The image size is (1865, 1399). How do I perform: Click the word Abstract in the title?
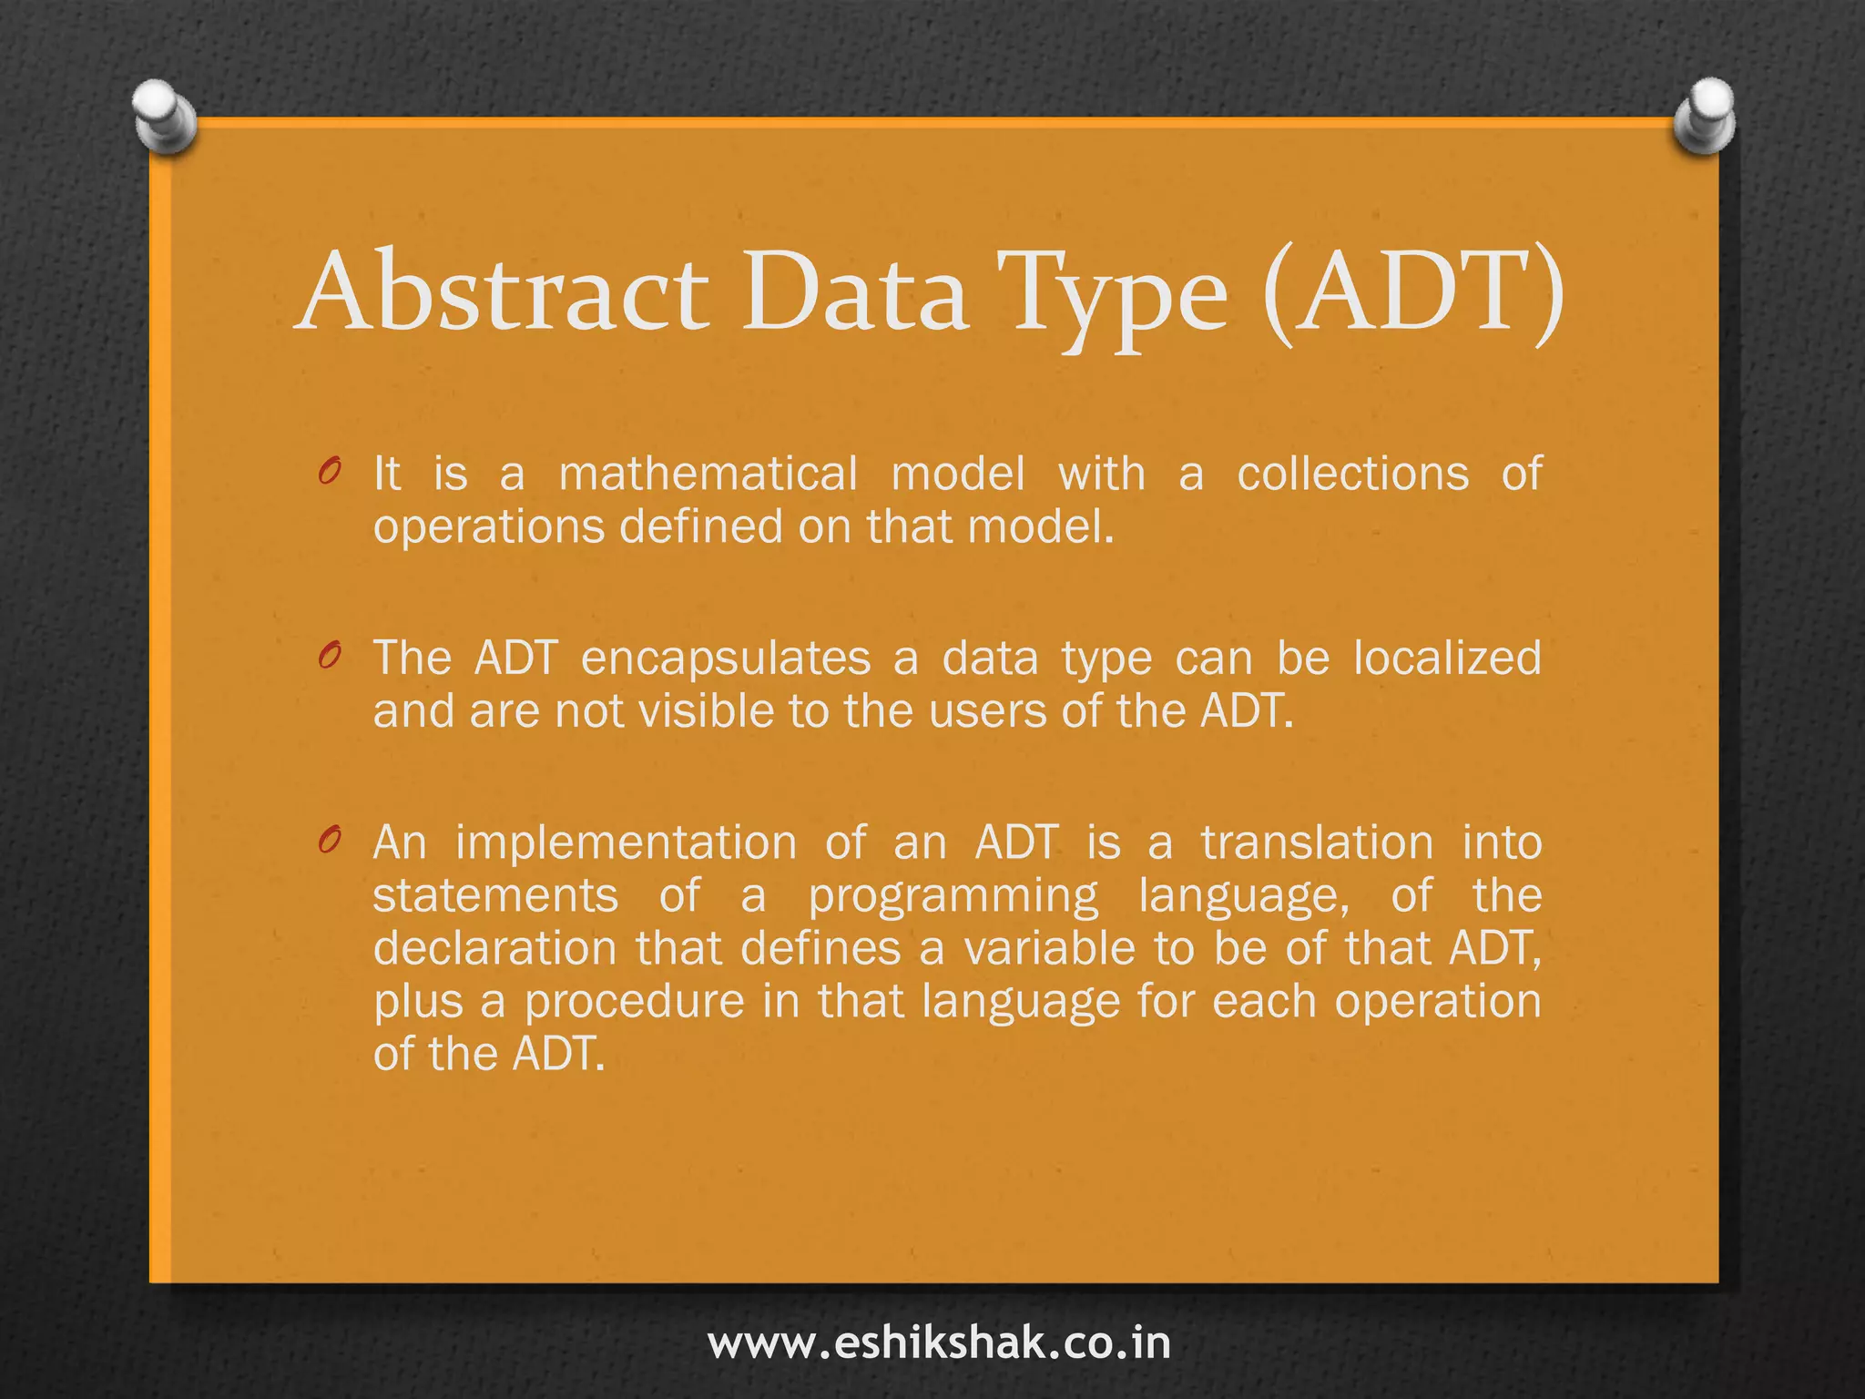tap(504, 291)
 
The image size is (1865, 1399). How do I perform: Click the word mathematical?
tap(708, 474)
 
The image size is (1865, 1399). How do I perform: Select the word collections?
tap(1352, 474)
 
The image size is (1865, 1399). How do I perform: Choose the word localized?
tap(1447, 658)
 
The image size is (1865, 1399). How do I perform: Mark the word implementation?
tap(626, 842)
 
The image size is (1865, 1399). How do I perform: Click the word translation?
tap(1317, 842)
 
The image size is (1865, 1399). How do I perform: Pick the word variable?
tap(1050, 948)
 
